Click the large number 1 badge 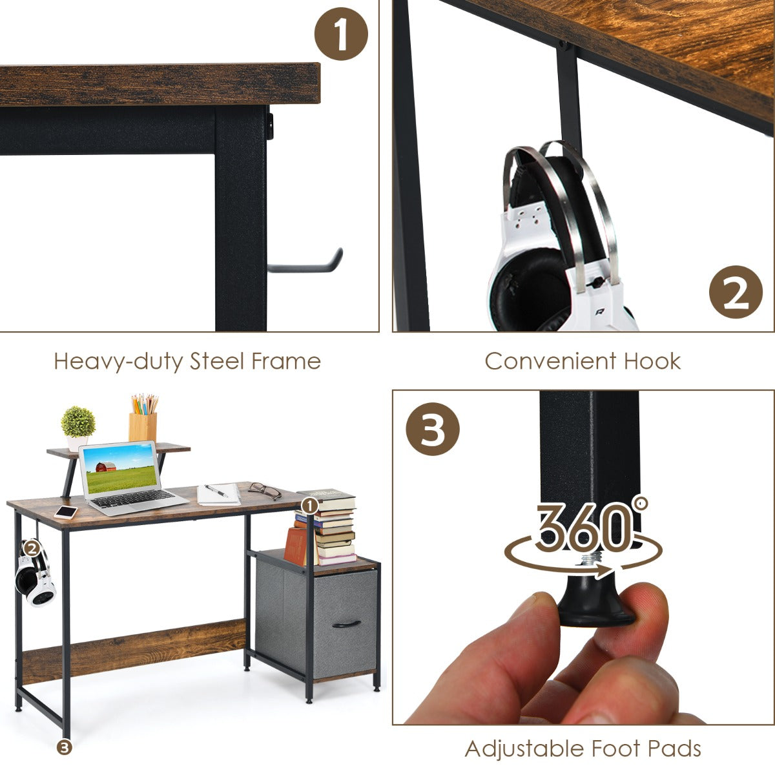tap(341, 34)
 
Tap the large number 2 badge tap(736, 292)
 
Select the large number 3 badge tap(432, 429)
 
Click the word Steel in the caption tap(217, 361)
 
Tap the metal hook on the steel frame tap(305, 262)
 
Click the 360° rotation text tap(591, 526)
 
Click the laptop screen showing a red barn tap(121, 470)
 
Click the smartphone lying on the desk tap(66, 512)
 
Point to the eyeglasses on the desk tap(265, 491)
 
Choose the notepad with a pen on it tap(219, 494)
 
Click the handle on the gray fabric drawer tap(346, 624)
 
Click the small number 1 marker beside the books tap(310, 506)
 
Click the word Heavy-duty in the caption tap(119, 361)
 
